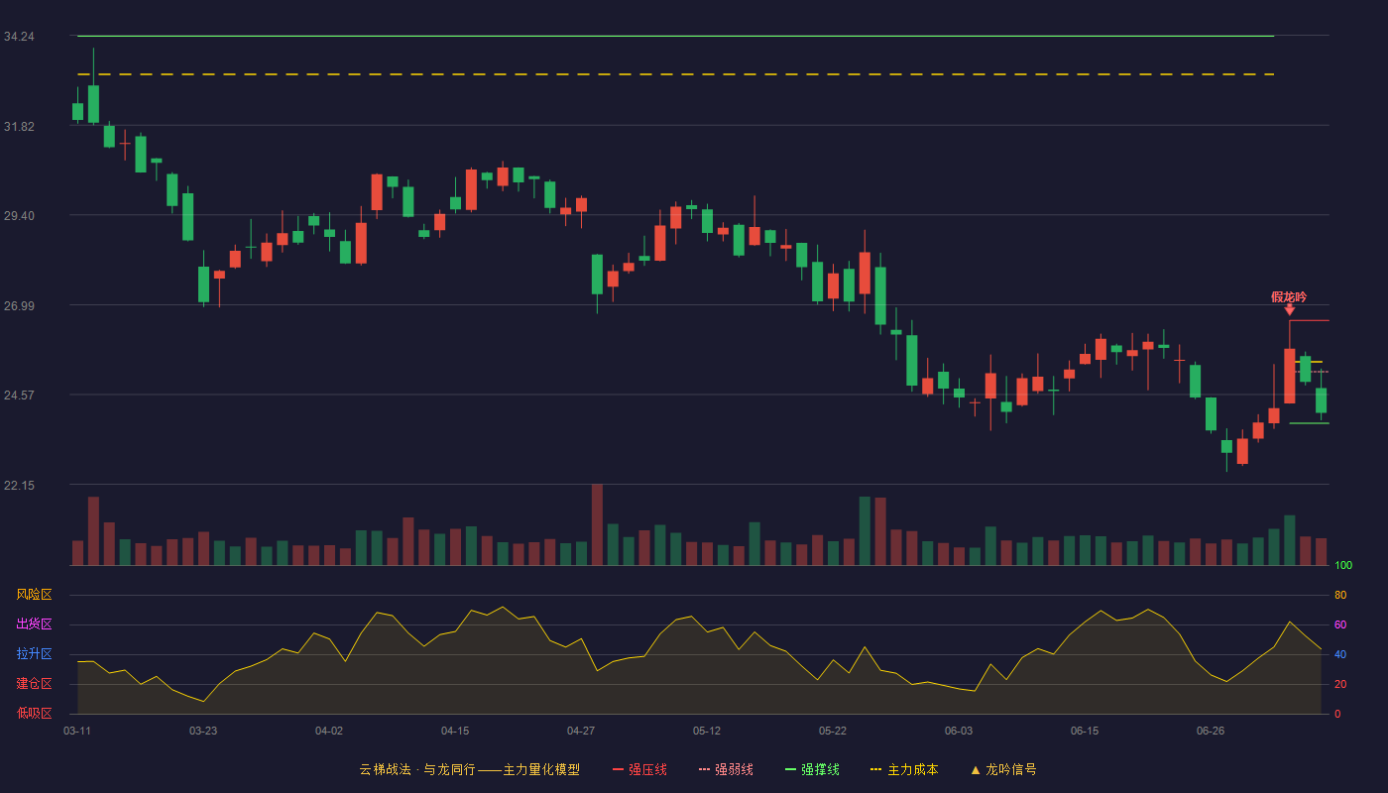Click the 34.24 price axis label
pos(19,37)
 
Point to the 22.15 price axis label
pos(19,485)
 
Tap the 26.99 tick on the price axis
pos(19,306)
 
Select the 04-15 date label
pos(455,732)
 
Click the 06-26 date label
pos(1211,732)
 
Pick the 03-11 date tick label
pos(77,732)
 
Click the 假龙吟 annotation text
pos(1289,297)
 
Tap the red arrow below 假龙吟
pos(1290,309)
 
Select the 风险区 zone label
pos(34,595)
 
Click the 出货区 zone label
pos(34,623)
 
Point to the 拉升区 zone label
pos(34,653)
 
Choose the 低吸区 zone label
pos(34,713)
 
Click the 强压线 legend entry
pos(639,769)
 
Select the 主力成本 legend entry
pos(904,769)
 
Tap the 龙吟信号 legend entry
pos(1003,769)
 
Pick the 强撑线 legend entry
pos(812,769)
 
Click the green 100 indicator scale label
pos(1343,565)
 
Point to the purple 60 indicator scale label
pos(1340,624)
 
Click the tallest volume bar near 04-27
pos(597,524)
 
